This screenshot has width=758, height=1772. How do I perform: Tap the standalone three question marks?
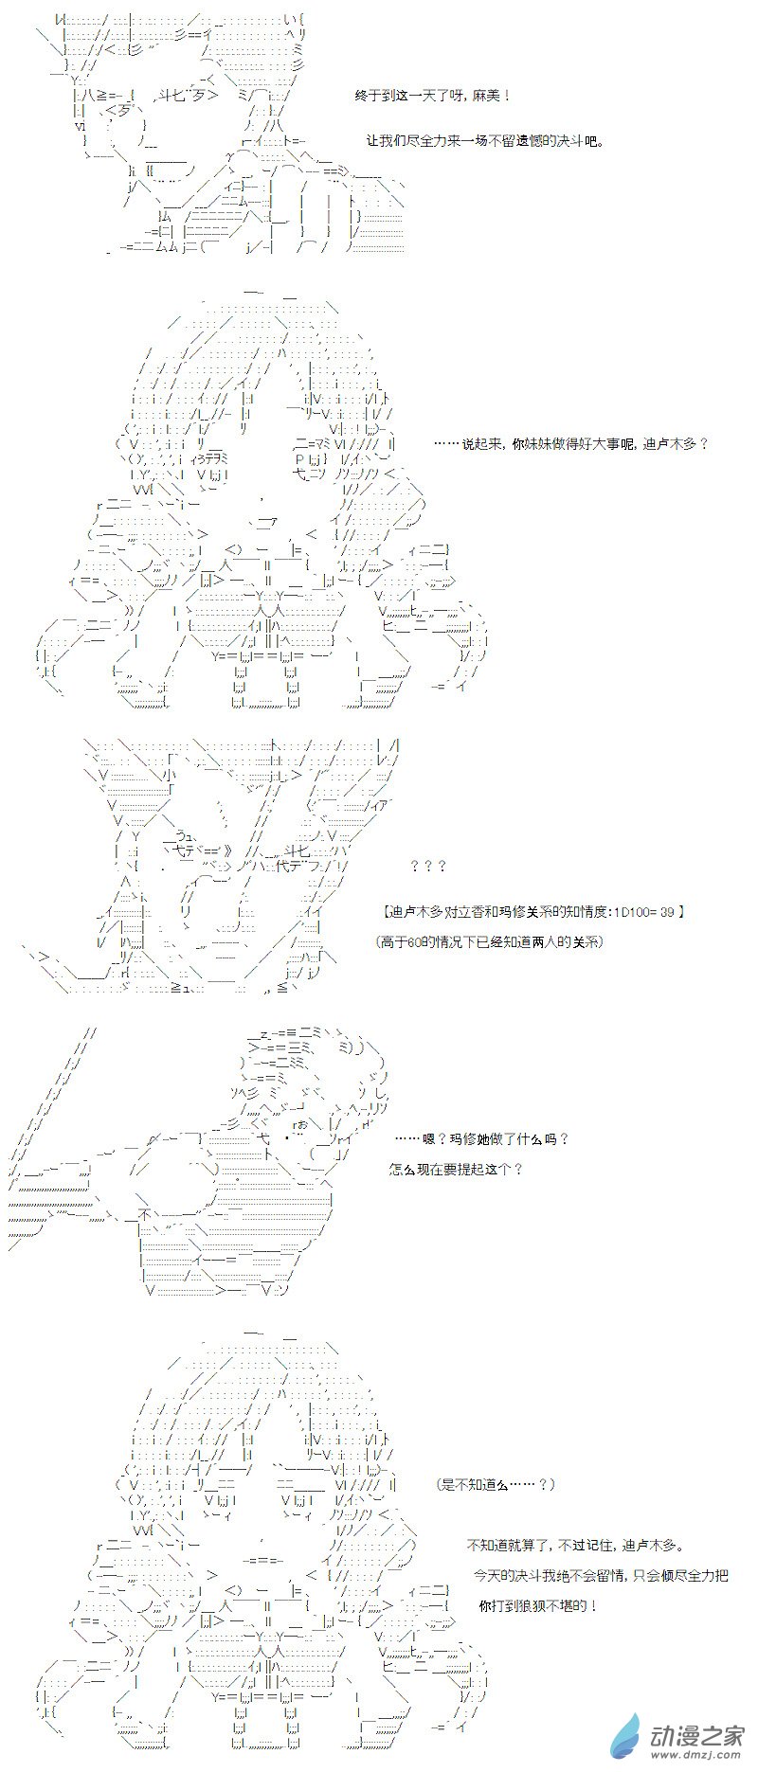coord(428,866)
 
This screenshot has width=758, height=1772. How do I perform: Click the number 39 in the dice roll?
coord(667,912)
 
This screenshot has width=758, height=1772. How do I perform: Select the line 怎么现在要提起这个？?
coord(456,1169)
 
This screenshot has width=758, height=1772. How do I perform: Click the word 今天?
coord(487,1576)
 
